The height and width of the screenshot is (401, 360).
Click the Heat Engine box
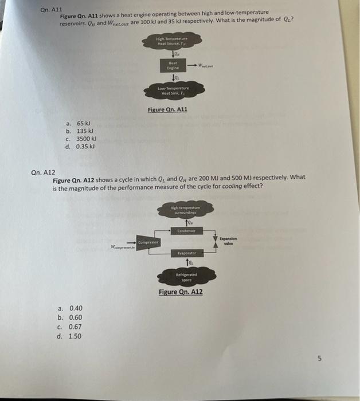pos(173,66)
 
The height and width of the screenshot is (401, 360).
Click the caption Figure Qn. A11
pos(167,109)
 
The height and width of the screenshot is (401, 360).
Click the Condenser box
pos(186,231)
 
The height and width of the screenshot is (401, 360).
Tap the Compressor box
pos(148,243)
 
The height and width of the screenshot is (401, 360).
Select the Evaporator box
pos(186,252)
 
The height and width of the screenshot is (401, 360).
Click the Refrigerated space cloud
pos(186,278)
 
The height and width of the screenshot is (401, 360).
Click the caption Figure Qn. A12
pos(181,293)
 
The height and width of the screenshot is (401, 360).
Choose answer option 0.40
pos(75,308)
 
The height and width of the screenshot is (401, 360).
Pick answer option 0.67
pos(75,327)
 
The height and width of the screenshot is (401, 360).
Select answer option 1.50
pos(75,336)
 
